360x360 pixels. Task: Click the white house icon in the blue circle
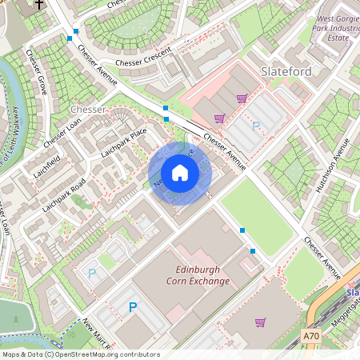(x=180, y=173)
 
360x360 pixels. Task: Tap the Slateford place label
(x=286, y=72)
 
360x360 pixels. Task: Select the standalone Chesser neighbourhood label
(x=88, y=109)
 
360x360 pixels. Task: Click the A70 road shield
(x=314, y=338)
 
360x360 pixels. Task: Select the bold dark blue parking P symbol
(x=133, y=307)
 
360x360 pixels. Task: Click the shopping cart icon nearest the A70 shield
(x=260, y=322)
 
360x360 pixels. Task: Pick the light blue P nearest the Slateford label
(x=256, y=126)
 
